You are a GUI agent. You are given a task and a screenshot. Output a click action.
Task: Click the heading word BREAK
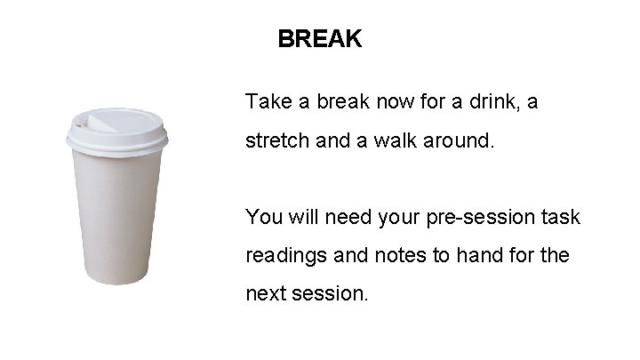319,39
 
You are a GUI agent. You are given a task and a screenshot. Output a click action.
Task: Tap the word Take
268,101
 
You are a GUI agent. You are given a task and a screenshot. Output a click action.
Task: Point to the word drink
487,101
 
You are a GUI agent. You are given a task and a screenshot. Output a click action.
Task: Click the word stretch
275,140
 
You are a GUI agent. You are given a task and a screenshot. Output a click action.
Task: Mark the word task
562,216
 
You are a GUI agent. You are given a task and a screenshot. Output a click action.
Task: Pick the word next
266,293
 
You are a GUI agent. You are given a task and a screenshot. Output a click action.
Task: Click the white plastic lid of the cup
116,133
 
